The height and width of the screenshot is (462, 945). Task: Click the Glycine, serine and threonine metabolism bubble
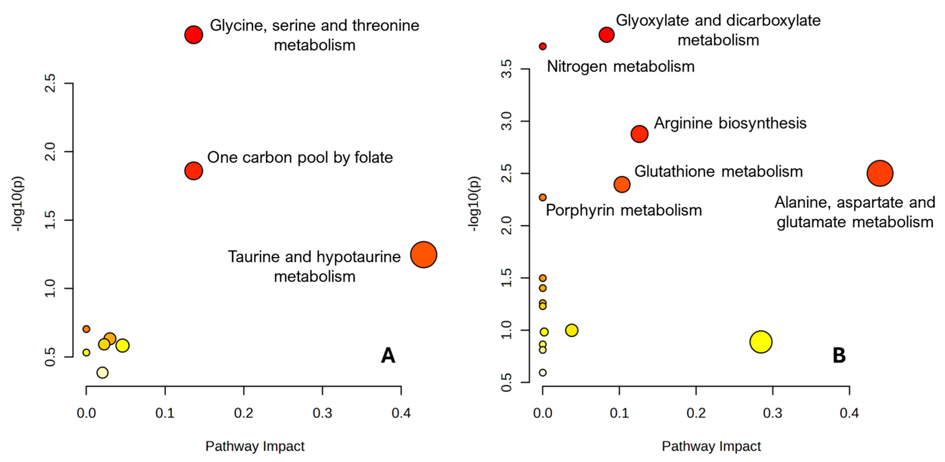(194, 35)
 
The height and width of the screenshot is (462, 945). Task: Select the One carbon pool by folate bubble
(194, 171)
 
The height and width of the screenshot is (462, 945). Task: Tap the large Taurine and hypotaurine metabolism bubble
(423, 255)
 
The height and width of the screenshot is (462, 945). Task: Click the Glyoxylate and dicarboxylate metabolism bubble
(606, 35)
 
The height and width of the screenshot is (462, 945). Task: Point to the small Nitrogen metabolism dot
(542, 46)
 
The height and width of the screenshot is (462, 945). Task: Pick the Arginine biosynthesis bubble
(639, 134)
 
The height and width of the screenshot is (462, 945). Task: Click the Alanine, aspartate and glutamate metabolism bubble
(880, 173)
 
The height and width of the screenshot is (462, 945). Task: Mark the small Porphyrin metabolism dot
(542, 197)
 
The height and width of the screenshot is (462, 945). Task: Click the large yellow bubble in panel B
(761, 342)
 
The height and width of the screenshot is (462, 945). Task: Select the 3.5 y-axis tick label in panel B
(506, 69)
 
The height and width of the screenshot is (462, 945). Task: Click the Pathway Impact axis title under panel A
(255, 446)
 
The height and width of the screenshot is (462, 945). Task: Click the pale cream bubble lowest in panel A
(102, 373)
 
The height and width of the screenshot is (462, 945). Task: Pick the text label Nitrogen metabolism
(621, 67)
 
